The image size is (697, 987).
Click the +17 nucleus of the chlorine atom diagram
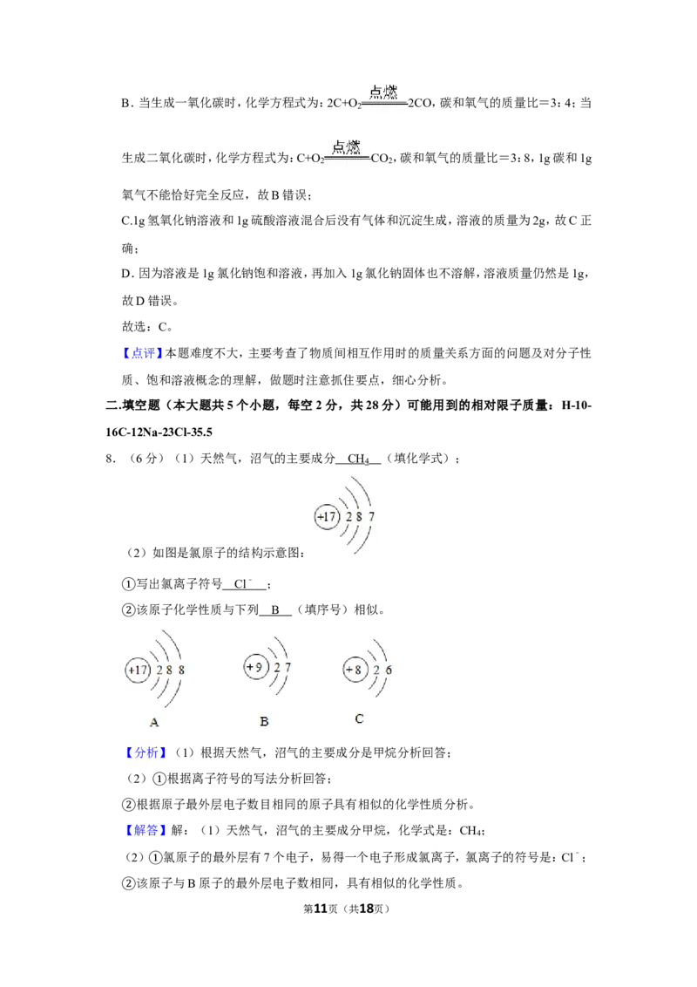327,517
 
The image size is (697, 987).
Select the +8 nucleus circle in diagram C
355,669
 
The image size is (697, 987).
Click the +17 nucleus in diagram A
138,670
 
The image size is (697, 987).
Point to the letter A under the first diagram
154,723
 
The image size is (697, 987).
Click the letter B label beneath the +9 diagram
264,721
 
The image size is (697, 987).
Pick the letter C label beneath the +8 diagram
359,718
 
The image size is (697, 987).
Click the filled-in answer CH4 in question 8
359,459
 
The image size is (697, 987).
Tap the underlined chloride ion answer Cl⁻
242,584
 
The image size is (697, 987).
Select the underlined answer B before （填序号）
275,609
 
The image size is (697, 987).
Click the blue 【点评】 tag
143,353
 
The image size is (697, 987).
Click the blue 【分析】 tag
146,752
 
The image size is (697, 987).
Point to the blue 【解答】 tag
146,830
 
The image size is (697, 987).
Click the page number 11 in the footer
321,909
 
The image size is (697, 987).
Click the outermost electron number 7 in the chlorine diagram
371,516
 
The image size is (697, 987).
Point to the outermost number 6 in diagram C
388,670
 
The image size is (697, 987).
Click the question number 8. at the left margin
111,459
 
